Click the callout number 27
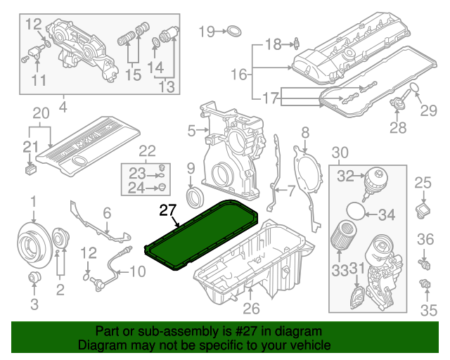coord(167,210)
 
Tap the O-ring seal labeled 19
coord(234,31)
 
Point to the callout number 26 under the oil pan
coord(251,308)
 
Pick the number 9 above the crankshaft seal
coord(189,167)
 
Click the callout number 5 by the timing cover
coord(191,130)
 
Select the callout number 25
coord(422,184)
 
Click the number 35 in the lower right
coord(427,309)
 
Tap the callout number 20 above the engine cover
coord(41,112)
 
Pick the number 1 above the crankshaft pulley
coord(32,204)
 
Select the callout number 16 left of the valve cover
coord(239,73)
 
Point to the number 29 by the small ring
coord(428,109)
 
